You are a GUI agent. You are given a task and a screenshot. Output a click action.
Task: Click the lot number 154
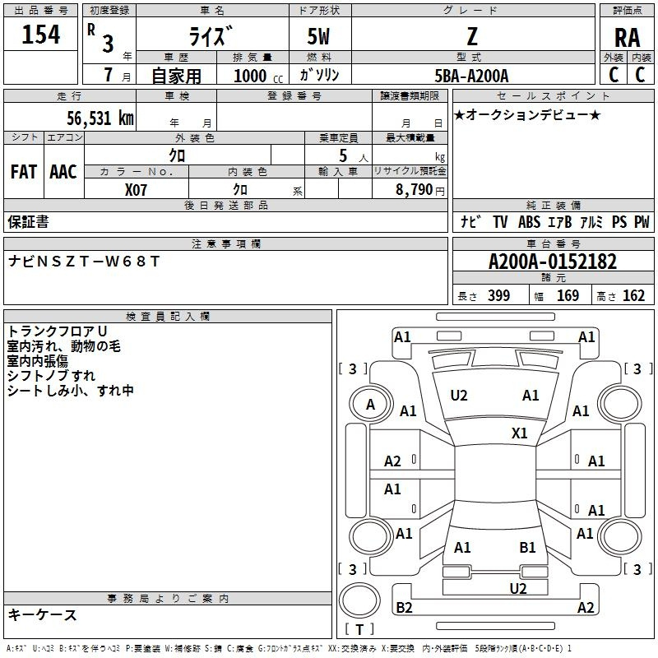(40, 35)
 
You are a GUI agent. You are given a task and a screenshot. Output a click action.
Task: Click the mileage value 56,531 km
(100, 118)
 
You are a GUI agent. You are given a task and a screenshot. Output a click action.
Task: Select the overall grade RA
(627, 38)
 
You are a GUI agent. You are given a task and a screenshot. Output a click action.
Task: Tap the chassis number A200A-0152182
(553, 262)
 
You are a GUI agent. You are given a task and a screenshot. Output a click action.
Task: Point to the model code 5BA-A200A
(471, 76)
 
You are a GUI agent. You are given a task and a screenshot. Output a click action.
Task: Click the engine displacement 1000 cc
(258, 76)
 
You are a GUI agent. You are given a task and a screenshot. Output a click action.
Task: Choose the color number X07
(136, 190)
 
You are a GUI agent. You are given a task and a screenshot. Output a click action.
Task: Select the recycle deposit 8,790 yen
(419, 189)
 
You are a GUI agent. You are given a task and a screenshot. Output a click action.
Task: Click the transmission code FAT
(24, 172)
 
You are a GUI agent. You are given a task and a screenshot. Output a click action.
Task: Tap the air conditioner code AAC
(63, 172)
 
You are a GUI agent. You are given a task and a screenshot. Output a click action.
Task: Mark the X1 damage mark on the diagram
(519, 433)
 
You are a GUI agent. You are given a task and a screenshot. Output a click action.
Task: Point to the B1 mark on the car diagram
(527, 547)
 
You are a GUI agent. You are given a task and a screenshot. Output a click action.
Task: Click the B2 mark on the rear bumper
(404, 607)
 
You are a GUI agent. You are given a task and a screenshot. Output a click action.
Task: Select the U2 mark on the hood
(459, 396)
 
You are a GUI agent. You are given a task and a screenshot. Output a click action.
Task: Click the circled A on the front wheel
(370, 405)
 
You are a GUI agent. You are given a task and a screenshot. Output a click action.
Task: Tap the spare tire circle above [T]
(359, 601)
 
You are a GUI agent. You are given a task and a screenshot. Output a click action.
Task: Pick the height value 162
(633, 295)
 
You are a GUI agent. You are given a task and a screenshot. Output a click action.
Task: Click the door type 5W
(318, 36)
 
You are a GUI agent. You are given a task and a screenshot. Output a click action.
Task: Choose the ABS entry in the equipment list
(529, 222)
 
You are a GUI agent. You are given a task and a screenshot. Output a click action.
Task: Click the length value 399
(499, 295)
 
